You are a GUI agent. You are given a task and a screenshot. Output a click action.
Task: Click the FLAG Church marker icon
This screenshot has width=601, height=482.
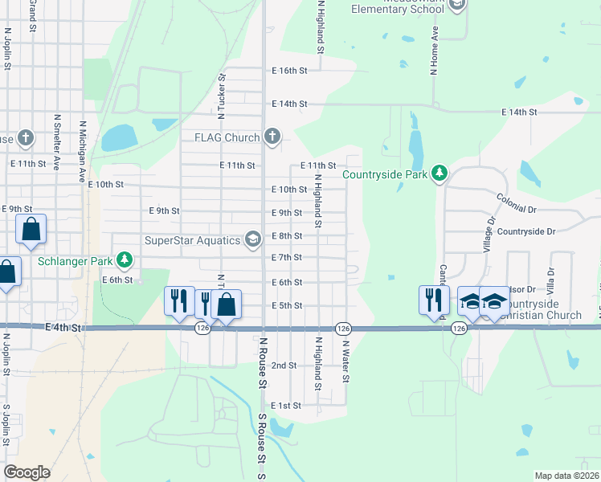coord(272,137)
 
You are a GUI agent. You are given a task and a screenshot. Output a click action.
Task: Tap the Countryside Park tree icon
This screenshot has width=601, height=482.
coord(439,174)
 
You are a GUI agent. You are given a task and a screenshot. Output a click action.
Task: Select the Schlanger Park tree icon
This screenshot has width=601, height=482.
coord(124,259)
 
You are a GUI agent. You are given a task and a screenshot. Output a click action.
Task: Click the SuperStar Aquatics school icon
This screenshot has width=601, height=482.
coord(253,239)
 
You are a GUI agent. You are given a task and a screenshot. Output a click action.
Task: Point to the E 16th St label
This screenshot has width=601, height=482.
coord(290,71)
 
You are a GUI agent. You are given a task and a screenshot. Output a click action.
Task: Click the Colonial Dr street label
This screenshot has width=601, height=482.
coord(516,202)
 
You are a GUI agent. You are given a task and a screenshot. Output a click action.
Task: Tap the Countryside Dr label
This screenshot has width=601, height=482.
coord(526,231)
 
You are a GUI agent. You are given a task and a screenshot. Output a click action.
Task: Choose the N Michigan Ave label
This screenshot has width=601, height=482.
coord(82,153)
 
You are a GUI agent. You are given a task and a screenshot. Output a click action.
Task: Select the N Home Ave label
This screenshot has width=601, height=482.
coord(434,51)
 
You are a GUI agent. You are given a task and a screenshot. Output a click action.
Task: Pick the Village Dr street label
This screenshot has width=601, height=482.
coord(488,234)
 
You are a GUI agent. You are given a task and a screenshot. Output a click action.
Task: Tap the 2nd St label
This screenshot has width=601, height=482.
coord(284,366)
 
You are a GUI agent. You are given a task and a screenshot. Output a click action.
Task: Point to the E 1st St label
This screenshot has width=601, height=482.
coord(286,406)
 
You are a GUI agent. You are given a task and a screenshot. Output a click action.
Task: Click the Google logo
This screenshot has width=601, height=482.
coord(27,472)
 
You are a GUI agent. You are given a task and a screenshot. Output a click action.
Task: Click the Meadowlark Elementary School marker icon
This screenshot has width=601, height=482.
coord(457,6)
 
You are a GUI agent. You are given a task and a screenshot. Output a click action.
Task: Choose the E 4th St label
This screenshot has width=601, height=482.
coord(64,328)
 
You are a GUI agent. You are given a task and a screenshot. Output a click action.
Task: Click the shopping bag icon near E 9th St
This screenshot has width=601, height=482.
coord(31,229)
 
